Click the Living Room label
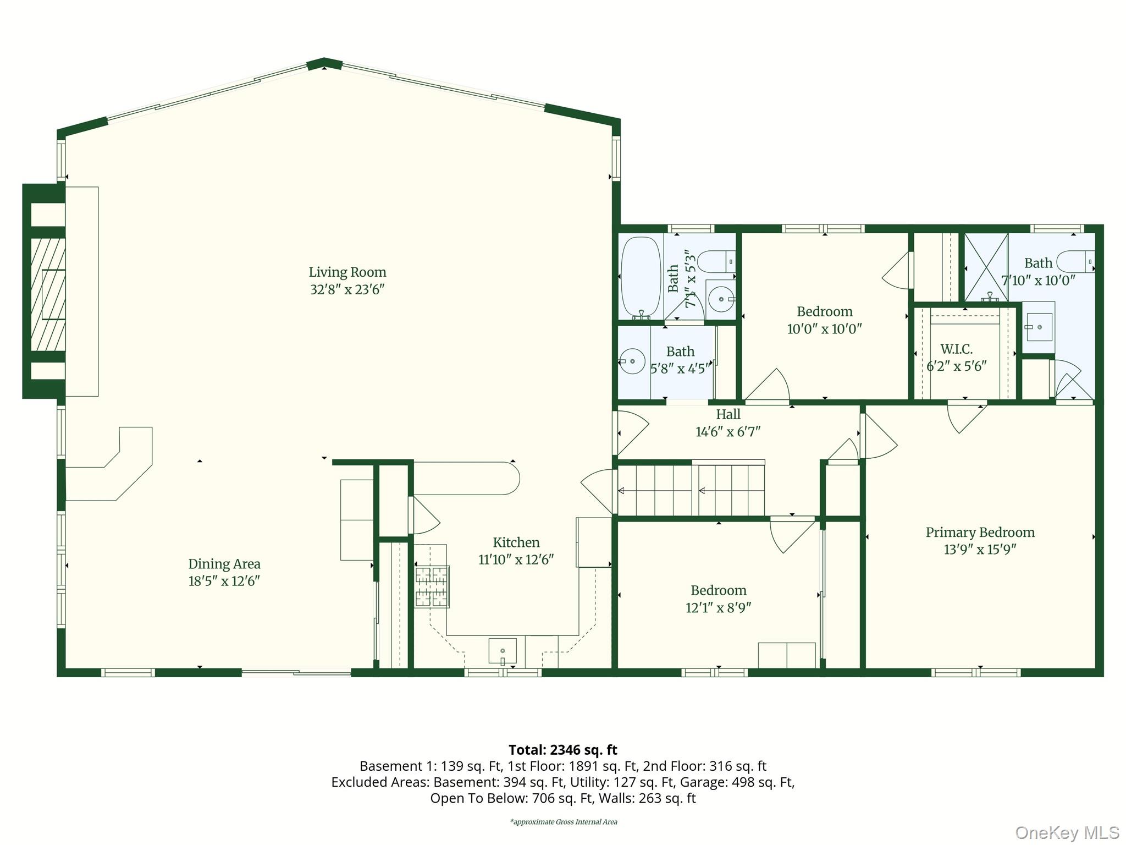[347, 272]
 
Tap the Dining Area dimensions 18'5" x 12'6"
[224, 581]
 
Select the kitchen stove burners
[432, 587]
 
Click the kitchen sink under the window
[502, 651]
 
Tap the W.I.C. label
[956, 349]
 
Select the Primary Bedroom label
[980, 533]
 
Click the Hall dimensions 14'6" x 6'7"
[728, 432]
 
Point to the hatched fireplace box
[48, 295]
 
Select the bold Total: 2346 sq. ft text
[562, 750]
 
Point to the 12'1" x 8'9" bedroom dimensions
[718, 608]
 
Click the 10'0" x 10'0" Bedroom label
[824, 312]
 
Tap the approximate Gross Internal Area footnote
[563, 822]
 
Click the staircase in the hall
[691, 490]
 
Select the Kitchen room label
[516, 543]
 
